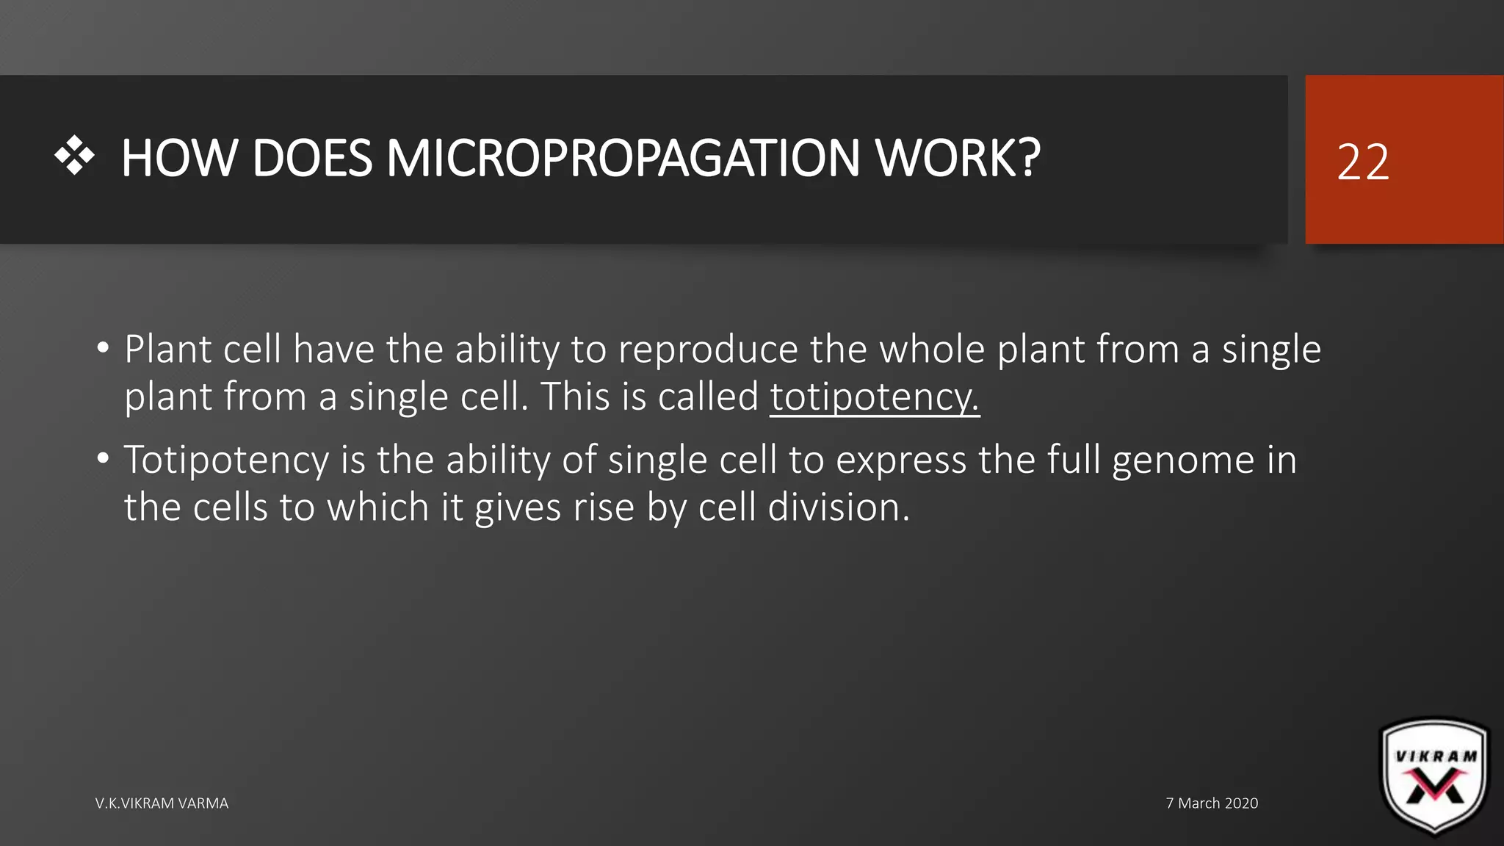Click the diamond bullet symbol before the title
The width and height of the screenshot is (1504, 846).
point(75,156)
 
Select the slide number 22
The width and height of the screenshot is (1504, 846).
point(1363,162)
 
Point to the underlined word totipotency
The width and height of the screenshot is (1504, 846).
point(874,397)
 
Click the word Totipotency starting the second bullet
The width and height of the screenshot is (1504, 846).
point(226,461)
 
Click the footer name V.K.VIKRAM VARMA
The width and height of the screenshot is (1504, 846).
point(162,803)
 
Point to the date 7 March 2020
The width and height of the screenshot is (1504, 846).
point(1212,803)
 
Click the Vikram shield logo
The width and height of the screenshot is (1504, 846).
point(1435,777)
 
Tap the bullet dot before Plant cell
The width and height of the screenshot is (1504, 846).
point(103,347)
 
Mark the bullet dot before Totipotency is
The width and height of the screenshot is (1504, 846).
point(103,459)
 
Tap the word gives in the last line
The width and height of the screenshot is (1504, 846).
point(518,507)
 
